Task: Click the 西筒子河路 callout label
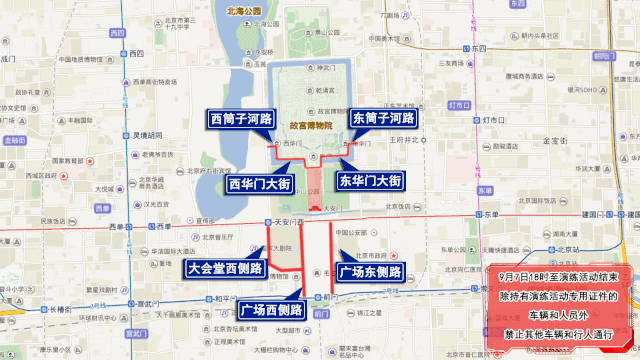tap(241, 119)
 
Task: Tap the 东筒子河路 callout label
tap(382, 119)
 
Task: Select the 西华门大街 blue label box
tap(258, 184)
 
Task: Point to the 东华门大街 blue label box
tap(369, 182)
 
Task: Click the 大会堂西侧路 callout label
tap(225, 268)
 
